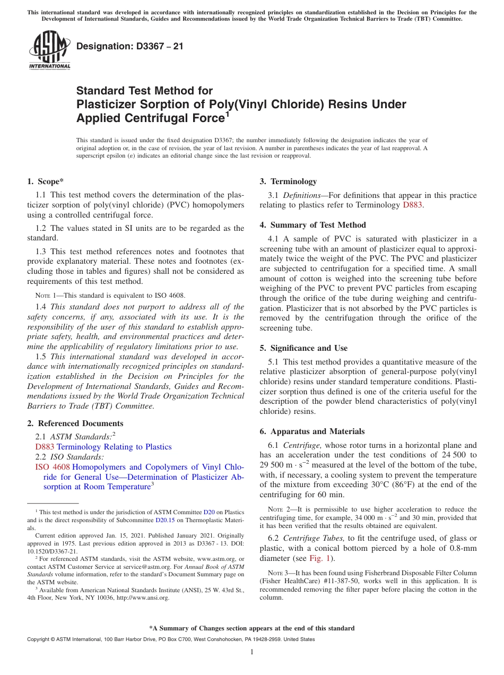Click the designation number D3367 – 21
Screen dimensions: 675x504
130,46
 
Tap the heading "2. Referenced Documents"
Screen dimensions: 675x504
75,423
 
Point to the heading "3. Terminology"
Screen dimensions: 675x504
288,181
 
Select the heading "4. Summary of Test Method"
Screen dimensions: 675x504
312,225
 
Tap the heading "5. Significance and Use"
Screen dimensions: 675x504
303,348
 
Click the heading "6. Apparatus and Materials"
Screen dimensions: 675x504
312,431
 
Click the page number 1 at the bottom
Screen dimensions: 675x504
252,652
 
